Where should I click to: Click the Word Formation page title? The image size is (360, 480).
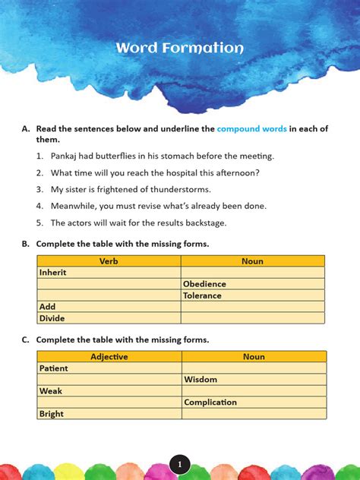pyautogui.click(x=180, y=49)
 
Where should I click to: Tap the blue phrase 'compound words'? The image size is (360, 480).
pyautogui.click(x=251, y=129)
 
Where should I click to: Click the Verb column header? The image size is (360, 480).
pyautogui.click(x=109, y=261)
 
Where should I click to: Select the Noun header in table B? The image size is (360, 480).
pyautogui.click(x=252, y=261)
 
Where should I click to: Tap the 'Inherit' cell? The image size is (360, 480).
pyautogui.click(x=53, y=272)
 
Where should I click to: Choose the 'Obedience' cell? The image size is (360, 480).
pyautogui.click(x=204, y=284)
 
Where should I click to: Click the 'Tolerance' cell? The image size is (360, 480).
pyautogui.click(x=204, y=295)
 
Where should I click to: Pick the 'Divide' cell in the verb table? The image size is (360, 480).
pyautogui.click(x=52, y=318)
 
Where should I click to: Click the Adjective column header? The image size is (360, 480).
pyautogui.click(x=109, y=356)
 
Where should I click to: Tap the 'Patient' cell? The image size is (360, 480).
pyautogui.click(x=54, y=368)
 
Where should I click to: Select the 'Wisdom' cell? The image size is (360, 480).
pyautogui.click(x=201, y=380)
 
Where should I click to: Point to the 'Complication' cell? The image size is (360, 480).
pyautogui.click(x=210, y=403)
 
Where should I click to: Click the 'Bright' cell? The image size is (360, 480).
pyautogui.click(x=52, y=414)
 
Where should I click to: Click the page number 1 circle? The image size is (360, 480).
pyautogui.click(x=179, y=464)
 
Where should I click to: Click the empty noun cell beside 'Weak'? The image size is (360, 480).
pyautogui.click(x=254, y=391)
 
